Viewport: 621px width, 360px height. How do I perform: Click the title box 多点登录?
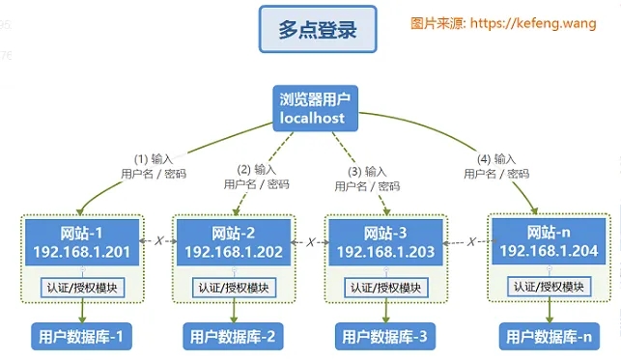[x=317, y=30]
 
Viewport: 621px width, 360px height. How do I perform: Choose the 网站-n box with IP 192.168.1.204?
[x=548, y=241]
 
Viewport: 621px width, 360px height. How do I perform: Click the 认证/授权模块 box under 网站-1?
[x=80, y=287]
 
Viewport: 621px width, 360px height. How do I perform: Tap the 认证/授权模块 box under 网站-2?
[x=233, y=288]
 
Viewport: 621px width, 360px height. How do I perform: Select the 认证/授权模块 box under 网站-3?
[x=384, y=288]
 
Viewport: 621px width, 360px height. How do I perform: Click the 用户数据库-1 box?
[x=80, y=336]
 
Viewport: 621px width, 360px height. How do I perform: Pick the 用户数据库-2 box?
[x=233, y=337]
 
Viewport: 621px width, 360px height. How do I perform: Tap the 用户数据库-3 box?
[x=384, y=337]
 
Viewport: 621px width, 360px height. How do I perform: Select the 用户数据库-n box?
[x=547, y=336]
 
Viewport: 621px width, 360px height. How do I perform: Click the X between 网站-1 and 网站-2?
[x=156, y=241]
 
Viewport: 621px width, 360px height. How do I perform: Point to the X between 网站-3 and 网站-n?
[x=470, y=241]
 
